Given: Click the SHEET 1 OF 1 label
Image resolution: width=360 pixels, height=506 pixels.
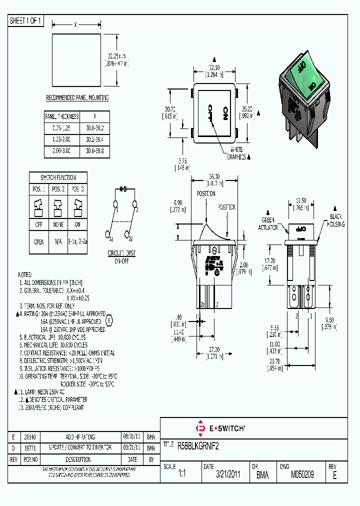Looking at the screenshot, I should tap(26, 21).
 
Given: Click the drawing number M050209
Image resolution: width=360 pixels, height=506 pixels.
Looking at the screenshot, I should tap(302, 474).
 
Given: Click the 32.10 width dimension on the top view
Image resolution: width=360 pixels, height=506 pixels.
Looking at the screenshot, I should tap(214, 67).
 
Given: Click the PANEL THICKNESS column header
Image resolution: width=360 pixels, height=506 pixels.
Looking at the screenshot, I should tap(62, 116).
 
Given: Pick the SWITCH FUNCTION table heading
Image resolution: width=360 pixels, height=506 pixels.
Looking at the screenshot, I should tap(58, 177).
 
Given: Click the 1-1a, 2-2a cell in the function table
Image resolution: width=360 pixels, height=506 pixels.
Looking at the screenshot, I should tap(77, 241).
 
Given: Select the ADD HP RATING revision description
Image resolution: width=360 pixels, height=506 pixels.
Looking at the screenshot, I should tap(77, 436).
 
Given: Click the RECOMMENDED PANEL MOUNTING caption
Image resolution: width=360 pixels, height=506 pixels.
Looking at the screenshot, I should tap(77, 97).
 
